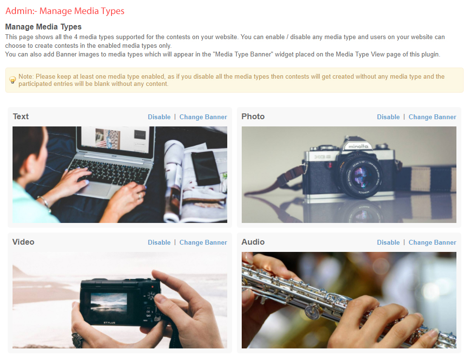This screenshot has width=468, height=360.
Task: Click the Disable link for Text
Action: pos(159,117)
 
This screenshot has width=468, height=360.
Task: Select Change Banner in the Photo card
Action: pos(432,117)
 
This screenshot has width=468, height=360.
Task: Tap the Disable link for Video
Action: pos(159,242)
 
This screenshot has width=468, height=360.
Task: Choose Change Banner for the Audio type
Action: pos(432,242)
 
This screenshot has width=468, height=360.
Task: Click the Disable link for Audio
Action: pos(388,242)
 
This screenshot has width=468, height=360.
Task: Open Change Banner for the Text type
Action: pos(203,117)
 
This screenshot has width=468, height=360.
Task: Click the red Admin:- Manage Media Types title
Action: pos(65,11)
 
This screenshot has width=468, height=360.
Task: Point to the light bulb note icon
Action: pos(13,80)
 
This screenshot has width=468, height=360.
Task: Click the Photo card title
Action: pos(253,116)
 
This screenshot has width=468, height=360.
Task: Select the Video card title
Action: pos(23,242)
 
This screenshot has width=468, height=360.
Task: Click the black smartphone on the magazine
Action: pos(206,168)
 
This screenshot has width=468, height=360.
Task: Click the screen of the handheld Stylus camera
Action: pos(109,303)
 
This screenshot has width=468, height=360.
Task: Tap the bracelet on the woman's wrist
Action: pos(45,202)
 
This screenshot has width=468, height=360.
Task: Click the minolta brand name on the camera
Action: pos(358,146)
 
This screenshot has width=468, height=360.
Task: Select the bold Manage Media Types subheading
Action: pos(43,27)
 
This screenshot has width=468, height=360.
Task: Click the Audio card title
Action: pos(253,242)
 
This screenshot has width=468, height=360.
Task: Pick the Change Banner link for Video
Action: pos(203,242)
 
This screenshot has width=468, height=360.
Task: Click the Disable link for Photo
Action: pos(388,117)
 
